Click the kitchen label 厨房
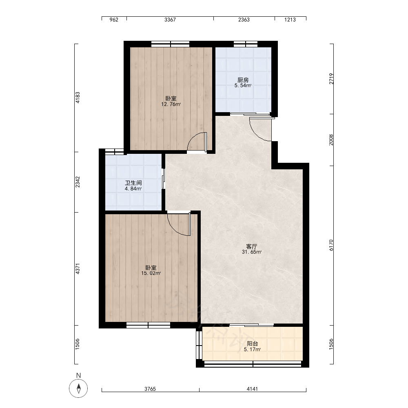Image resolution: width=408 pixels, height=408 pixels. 243,80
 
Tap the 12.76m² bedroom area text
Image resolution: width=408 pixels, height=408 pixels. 171,104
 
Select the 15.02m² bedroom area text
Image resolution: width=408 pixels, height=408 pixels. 151,273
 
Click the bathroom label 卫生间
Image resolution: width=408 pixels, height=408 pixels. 133,183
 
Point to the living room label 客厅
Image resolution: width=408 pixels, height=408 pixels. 252,246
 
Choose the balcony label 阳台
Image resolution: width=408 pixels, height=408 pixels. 253,344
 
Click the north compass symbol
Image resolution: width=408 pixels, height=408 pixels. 78,388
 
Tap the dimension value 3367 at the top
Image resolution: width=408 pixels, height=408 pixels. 170,20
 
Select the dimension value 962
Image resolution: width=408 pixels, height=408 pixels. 114,20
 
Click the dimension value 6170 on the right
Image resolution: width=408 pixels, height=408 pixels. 331,245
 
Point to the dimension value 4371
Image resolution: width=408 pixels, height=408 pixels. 78,269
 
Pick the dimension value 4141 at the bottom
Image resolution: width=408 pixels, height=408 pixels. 252,389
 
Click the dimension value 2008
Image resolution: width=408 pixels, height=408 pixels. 331,140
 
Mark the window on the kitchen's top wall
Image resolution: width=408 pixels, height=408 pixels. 245,44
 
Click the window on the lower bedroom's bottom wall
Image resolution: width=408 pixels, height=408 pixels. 149,325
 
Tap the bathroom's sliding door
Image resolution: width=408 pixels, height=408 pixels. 163,179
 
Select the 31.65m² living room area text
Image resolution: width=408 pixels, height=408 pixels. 252,252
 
